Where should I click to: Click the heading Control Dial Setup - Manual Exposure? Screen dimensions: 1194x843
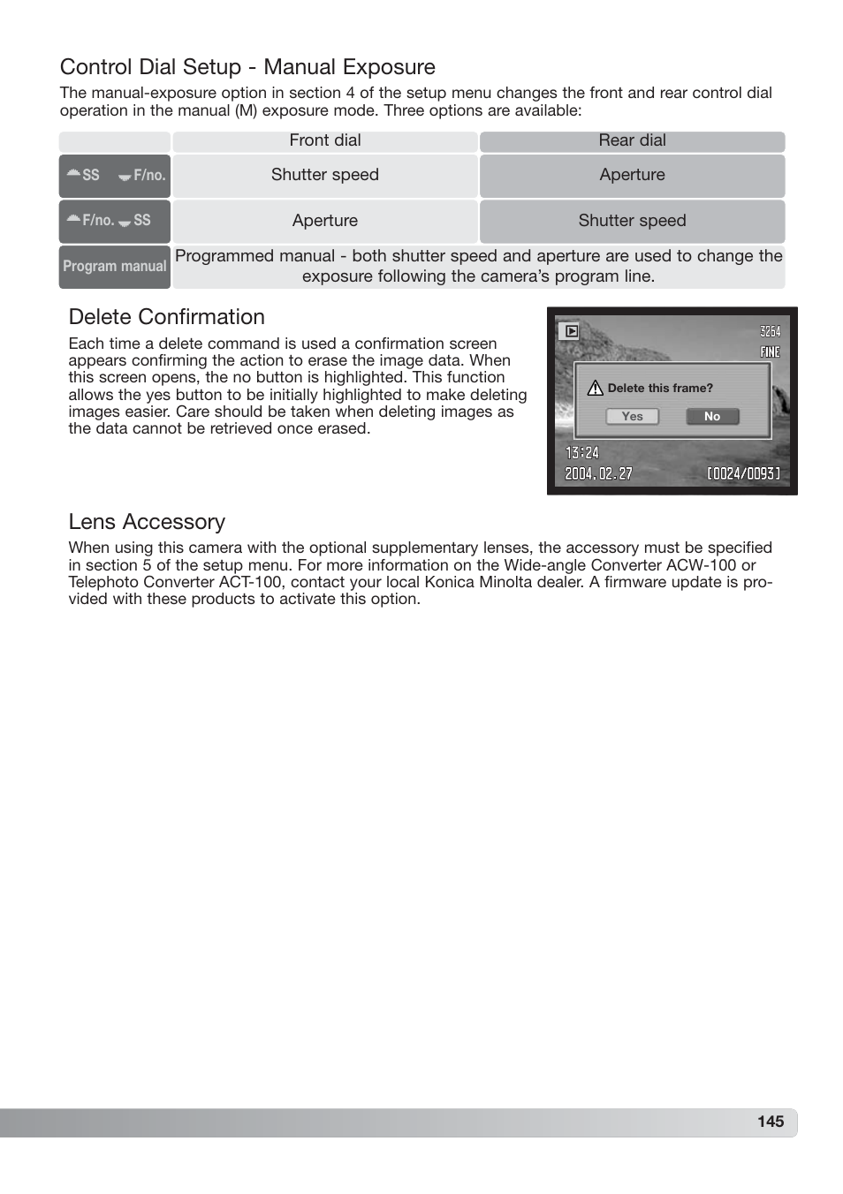(247, 67)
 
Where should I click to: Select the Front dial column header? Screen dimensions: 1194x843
(324, 140)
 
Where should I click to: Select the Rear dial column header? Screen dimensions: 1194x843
(632, 140)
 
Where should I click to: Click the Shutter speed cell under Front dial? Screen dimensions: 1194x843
(324, 175)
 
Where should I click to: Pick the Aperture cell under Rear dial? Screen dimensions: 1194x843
(632, 175)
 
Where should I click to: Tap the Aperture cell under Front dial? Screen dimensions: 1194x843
(324, 221)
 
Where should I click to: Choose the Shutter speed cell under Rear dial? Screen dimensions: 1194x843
(632, 221)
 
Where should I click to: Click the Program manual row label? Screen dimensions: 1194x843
(114, 266)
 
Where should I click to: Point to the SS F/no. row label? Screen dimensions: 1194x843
(114, 175)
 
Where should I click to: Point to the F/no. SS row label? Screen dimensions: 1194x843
(114, 221)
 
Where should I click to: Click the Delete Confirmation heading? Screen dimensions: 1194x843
(166, 317)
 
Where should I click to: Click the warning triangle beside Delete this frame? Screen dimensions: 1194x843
(595, 388)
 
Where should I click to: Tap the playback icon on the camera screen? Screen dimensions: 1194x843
(571, 331)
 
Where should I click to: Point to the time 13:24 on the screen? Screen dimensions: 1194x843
(582, 453)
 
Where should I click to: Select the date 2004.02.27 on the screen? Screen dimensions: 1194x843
(598, 473)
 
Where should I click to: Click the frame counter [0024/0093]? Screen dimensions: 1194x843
(743, 473)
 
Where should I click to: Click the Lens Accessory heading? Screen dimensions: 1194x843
(147, 522)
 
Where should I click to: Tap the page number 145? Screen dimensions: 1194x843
(770, 1122)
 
